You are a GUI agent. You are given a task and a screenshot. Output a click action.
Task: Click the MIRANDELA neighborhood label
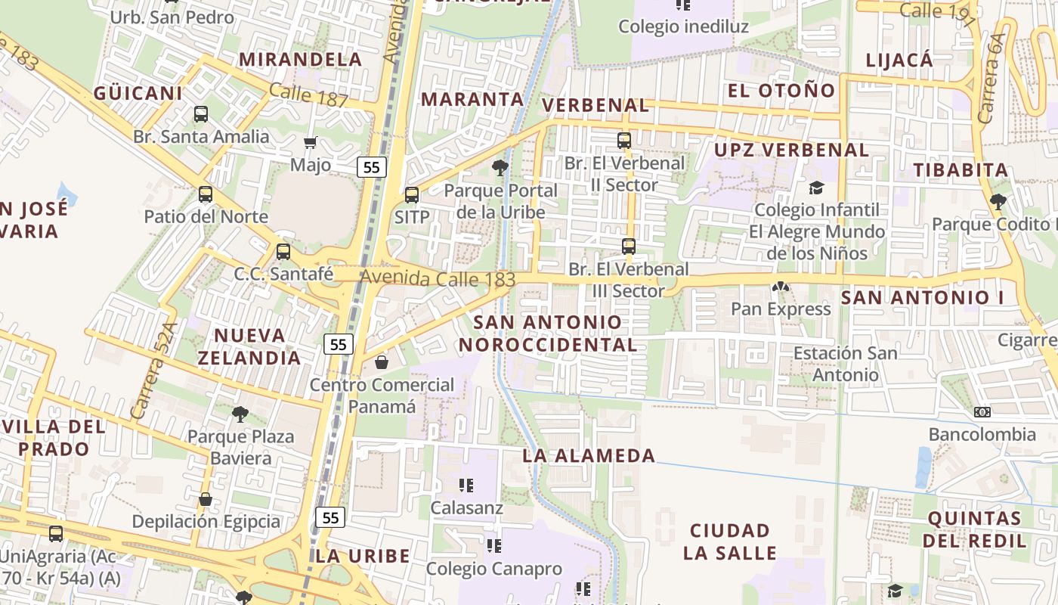(301, 59)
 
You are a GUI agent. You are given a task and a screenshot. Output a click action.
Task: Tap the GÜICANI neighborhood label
(138, 93)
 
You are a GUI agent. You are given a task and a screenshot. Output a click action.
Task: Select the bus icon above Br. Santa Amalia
(201, 114)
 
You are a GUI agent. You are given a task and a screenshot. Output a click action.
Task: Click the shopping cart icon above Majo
(310, 142)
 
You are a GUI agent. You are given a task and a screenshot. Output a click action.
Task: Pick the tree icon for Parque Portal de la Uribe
(500, 167)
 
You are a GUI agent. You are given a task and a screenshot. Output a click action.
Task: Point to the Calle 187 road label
(308, 95)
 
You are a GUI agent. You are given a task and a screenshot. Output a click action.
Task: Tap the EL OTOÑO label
(781, 91)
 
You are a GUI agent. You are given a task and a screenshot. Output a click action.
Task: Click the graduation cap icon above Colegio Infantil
(816, 188)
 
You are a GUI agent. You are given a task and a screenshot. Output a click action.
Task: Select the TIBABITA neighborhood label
(961, 169)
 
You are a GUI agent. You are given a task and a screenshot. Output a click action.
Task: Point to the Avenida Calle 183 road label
(438, 278)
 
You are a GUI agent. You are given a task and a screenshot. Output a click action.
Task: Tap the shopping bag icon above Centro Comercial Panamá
(382, 363)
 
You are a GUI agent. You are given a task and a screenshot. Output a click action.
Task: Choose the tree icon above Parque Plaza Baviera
(240, 414)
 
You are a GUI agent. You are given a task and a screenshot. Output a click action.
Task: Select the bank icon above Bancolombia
(982, 412)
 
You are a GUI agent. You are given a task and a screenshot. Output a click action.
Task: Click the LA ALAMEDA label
(589, 455)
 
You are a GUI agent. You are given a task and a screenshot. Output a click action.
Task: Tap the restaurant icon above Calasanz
(466, 485)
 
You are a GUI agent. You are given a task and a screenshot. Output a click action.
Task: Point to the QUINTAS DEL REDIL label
(975, 529)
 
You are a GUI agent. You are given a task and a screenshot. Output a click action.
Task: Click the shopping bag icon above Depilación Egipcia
(205, 499)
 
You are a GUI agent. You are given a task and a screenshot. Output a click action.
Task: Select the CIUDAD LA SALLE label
(730, 541)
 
